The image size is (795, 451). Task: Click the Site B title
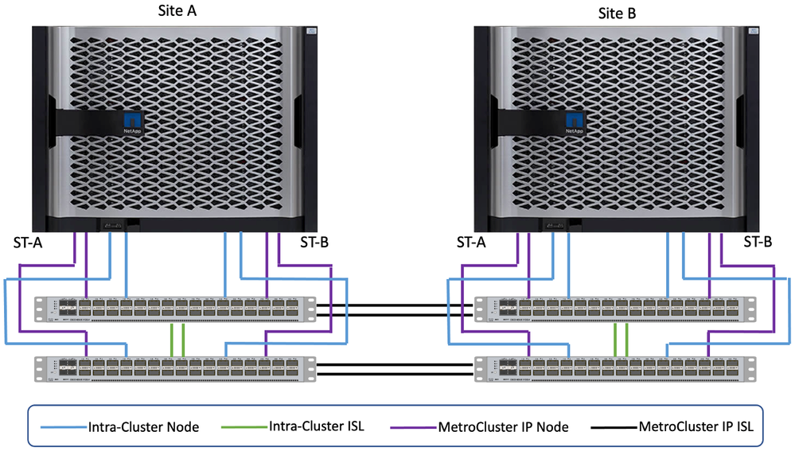click(617, 13)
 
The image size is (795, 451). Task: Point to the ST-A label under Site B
click(471, 242)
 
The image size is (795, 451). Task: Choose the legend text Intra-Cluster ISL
click(318, 426)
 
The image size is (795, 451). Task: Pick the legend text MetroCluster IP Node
click(503, 427)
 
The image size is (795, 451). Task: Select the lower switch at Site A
click(175, 367)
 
